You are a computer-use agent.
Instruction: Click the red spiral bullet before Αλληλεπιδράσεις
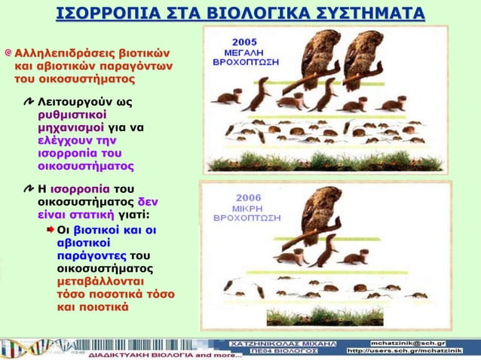(8, 53)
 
